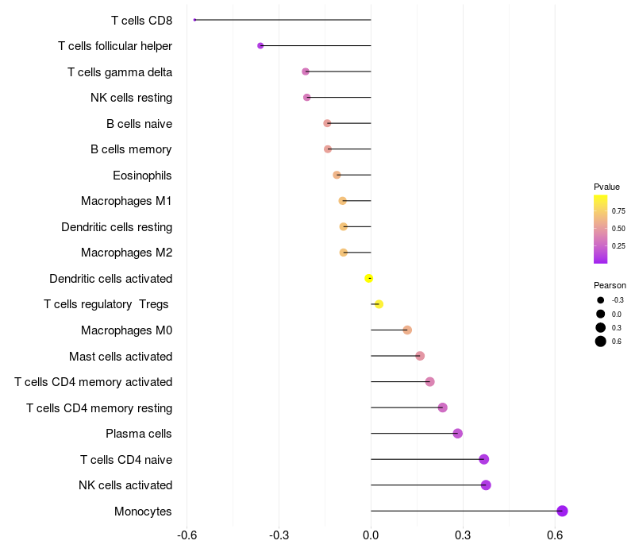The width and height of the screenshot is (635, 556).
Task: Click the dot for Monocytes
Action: (562, 511)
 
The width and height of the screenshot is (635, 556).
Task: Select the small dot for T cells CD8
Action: (194, 20)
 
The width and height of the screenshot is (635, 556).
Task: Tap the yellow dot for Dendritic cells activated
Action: (369, 278)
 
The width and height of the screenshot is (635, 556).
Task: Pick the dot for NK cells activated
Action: (486, 485)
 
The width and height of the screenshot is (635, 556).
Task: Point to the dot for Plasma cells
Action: (457, 434)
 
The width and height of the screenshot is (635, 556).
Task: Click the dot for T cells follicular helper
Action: (260, 46)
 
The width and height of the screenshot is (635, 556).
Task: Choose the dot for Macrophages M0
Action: (407, 330)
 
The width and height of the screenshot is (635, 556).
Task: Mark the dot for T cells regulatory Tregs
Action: (379, 304)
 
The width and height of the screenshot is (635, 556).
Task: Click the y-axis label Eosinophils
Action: (142, 176)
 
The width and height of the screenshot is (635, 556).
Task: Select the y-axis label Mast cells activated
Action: (121, 357)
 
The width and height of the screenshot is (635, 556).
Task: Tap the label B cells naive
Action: (139, 124)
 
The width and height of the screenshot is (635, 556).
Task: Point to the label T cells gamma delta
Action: (120, 72)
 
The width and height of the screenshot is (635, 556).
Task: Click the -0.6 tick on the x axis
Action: (187, 535)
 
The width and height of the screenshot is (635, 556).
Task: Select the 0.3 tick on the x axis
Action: (463, 535)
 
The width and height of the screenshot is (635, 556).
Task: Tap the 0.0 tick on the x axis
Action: (371, 535)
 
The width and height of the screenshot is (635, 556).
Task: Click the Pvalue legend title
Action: (606, 187)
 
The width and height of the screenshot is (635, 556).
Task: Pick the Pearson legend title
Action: (610, 285)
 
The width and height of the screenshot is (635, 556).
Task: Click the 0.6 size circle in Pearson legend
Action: (601, 342)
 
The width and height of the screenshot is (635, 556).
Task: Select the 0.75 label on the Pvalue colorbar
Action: (618, 211)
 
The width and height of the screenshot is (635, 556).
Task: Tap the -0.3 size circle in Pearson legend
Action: (601, 300)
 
